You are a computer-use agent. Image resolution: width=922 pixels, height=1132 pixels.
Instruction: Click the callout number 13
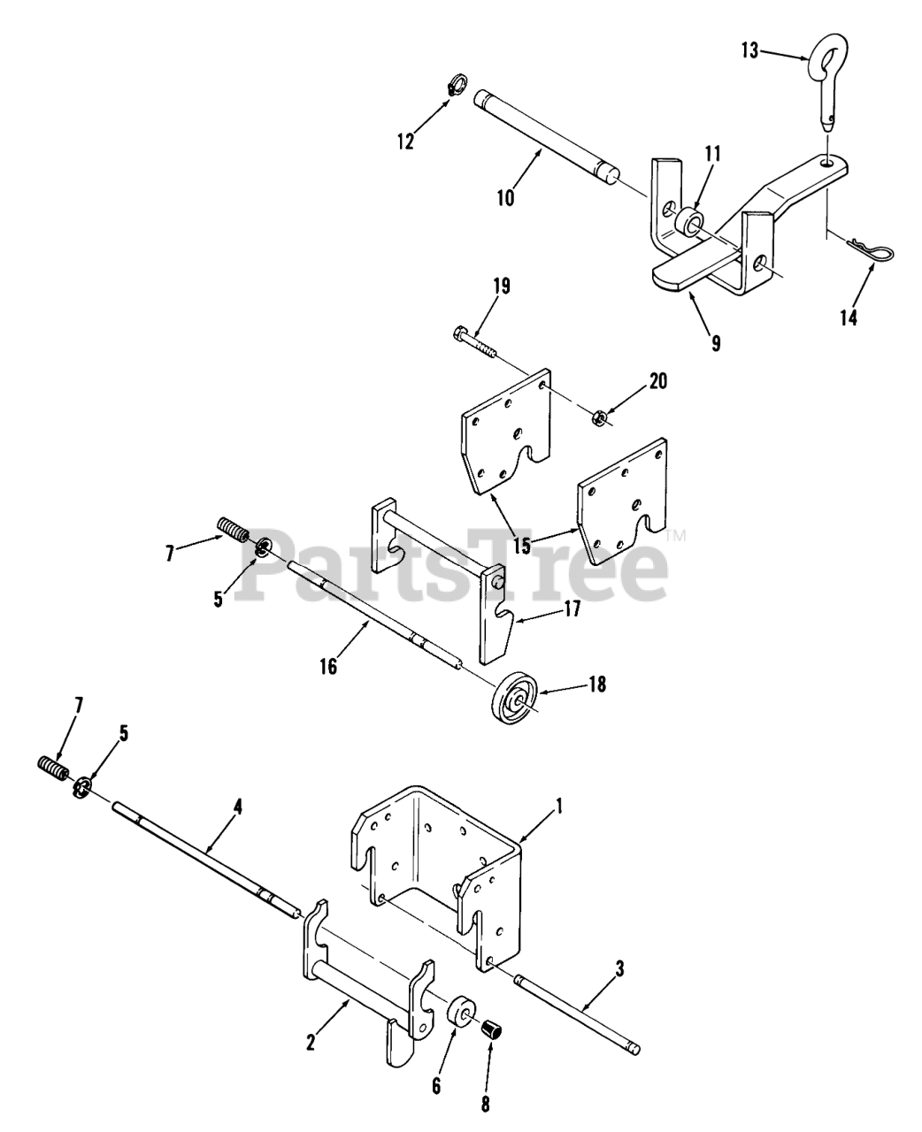coord(749,51)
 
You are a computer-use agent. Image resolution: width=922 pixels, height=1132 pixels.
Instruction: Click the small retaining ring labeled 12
coord(456,87)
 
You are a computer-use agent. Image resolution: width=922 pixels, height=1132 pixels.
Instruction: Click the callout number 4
coord(237,807)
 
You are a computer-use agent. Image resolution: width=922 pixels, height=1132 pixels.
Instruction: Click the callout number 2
coord(311,1043)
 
